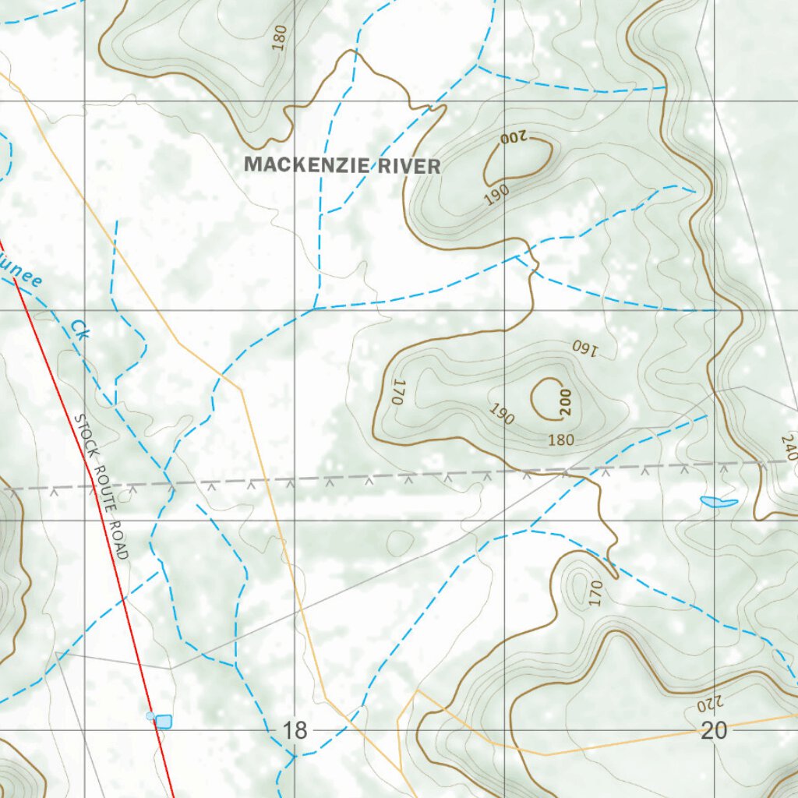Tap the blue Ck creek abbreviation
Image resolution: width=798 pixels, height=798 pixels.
tap(80, 329)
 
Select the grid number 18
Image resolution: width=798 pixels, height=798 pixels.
tap(295, 731)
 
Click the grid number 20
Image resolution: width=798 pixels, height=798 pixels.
tap(714, 731)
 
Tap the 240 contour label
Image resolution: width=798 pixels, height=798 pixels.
tap(789, 448)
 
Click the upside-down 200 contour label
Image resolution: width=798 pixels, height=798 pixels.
tap(514, 139)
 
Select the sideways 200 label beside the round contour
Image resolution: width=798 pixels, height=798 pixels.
tap(565, 401)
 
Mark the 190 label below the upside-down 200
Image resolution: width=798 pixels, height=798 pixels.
tap(496, 195)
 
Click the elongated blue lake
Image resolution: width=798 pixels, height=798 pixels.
tap(719, 502)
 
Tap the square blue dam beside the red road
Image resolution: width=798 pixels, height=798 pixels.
tap(163, 722)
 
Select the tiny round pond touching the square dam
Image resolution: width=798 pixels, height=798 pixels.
tap(150, 715)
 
